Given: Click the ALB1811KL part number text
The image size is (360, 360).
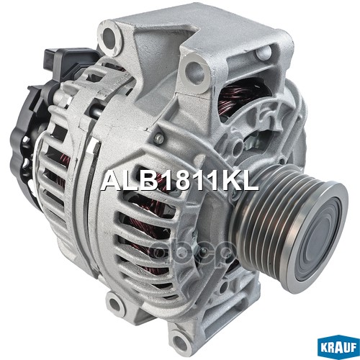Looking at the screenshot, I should [x=180, y=181].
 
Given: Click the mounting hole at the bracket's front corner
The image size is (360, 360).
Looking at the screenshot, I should [x=192, y=70].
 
